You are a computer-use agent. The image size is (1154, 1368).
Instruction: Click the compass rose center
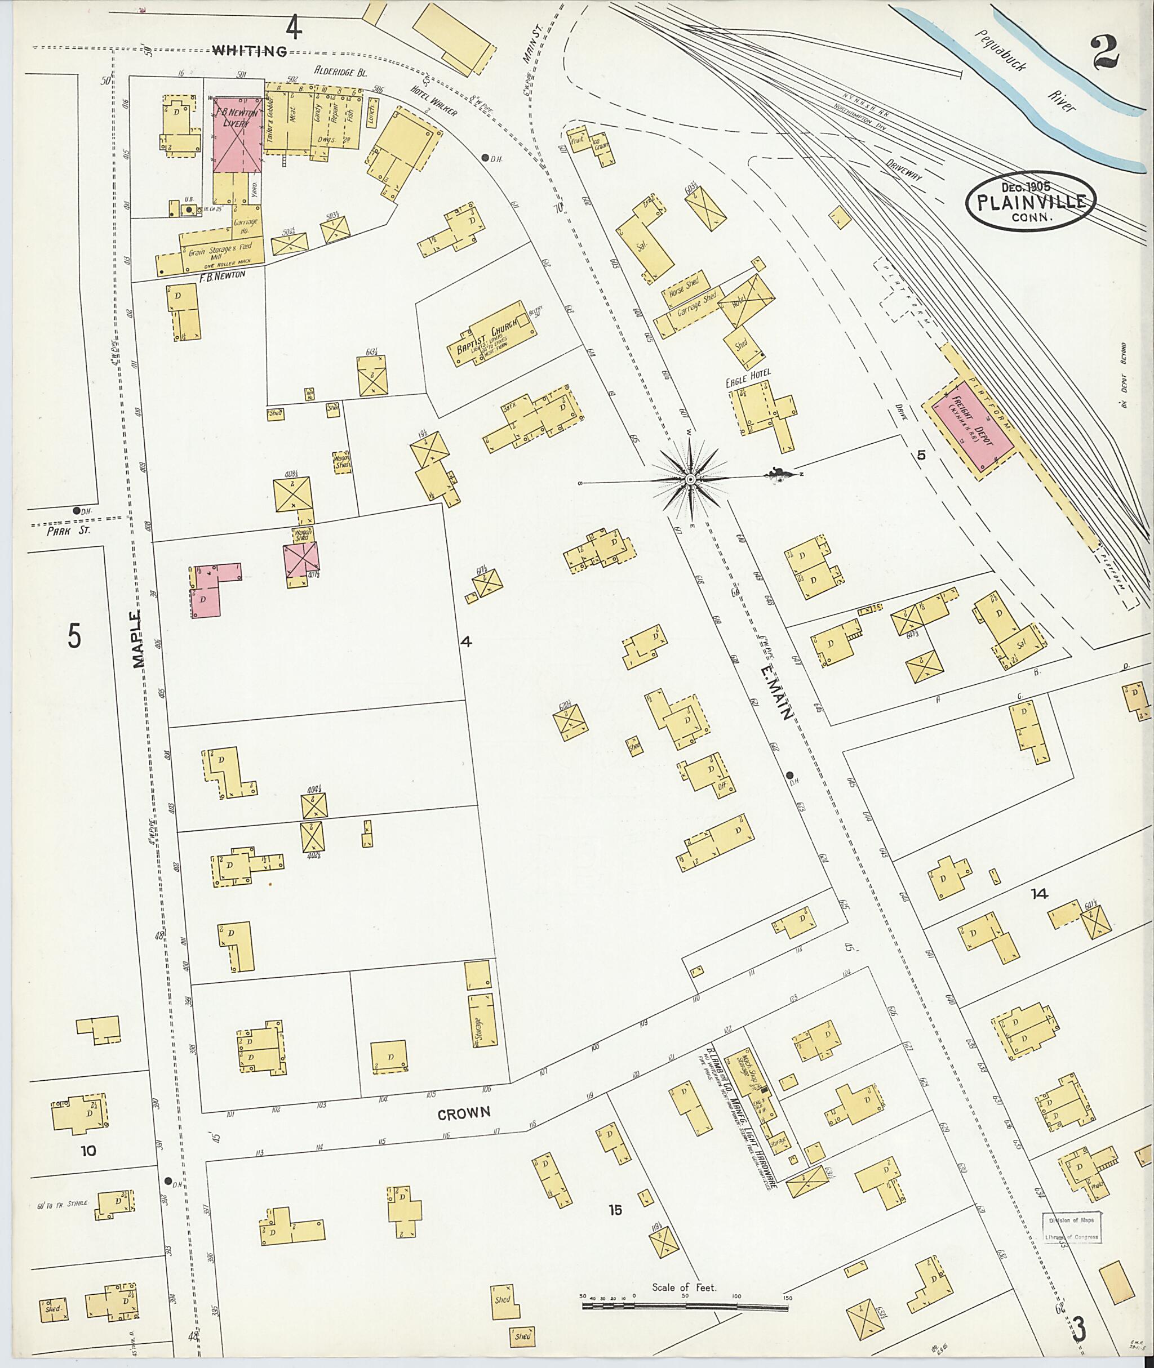(x=690, y=480)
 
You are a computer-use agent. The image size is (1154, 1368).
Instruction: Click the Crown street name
(x=464, y=1113)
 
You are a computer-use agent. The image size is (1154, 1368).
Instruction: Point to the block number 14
(x=1039, y=894)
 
